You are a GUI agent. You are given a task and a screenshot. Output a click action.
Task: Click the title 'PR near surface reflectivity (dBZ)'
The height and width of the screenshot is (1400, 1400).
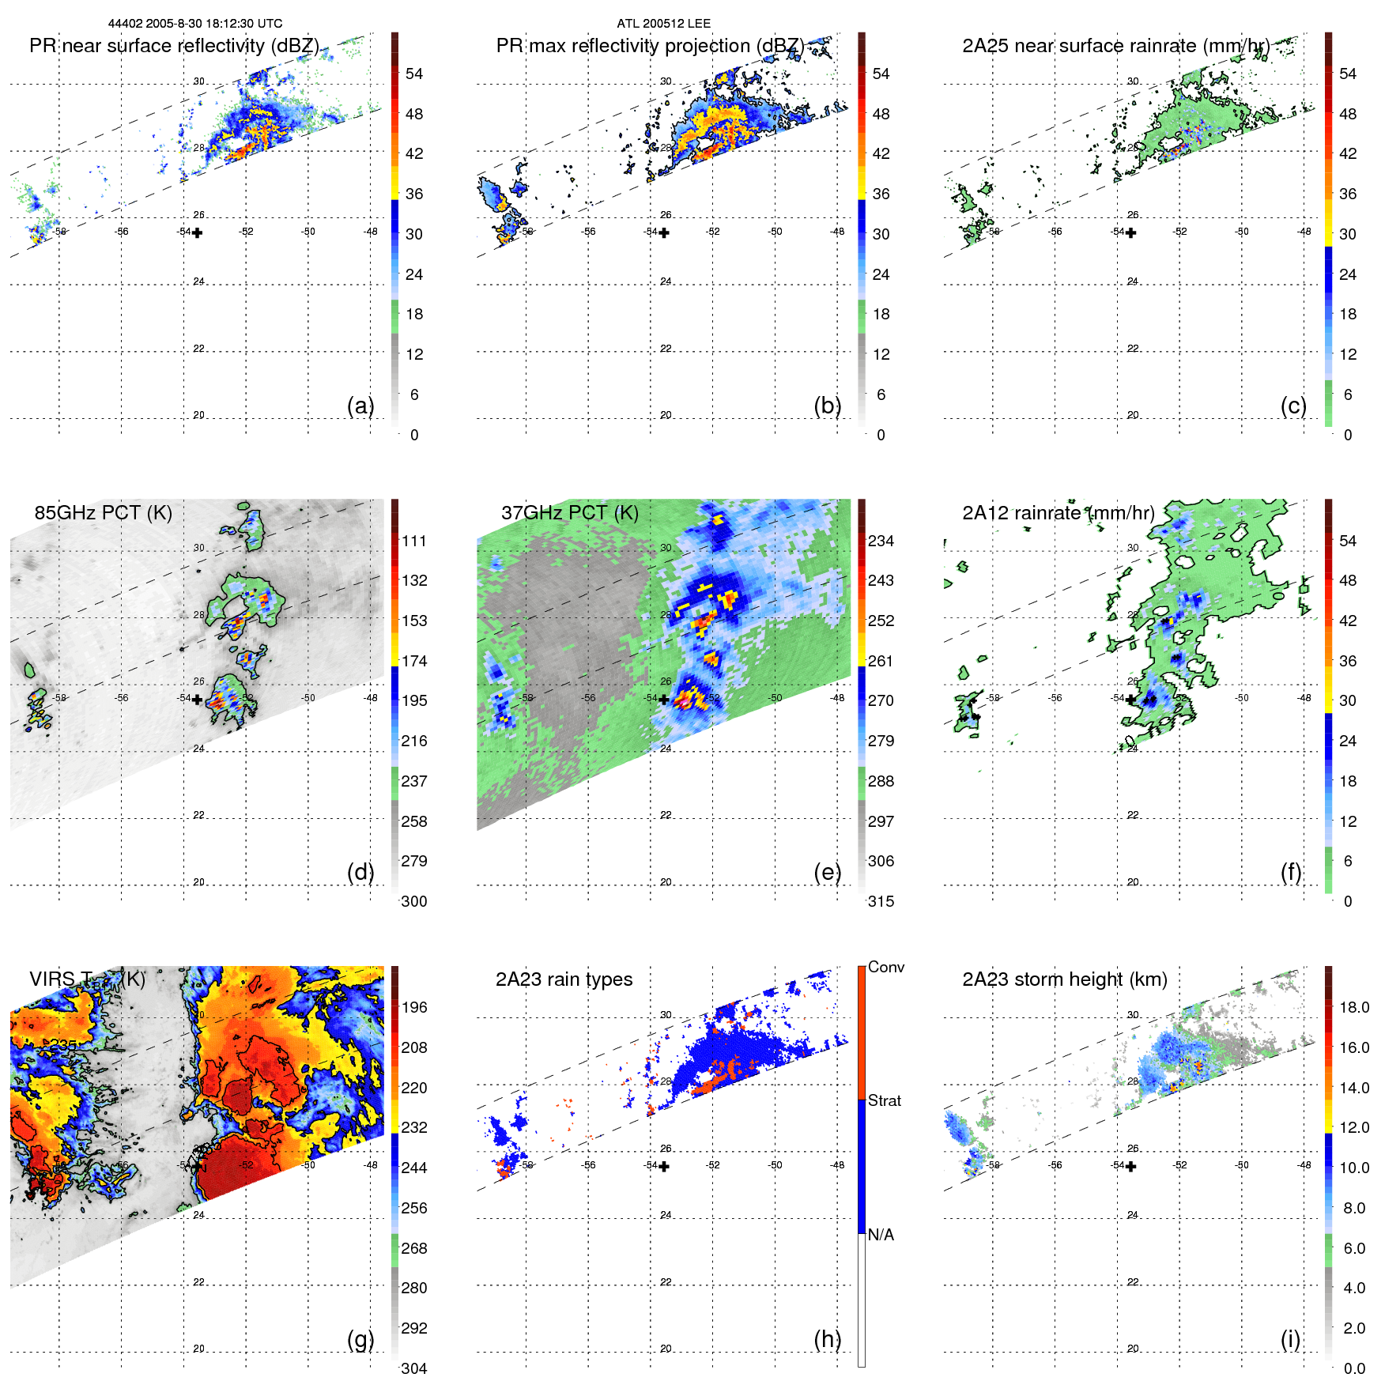pos(174,46)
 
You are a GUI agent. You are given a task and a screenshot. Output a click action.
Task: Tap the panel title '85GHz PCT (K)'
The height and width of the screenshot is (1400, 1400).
pos(103,512)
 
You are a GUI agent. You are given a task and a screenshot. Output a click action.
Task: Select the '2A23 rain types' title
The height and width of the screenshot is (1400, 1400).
pos(564,979)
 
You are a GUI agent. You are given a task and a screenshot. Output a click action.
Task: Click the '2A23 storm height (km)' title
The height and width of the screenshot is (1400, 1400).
pos(1064,979)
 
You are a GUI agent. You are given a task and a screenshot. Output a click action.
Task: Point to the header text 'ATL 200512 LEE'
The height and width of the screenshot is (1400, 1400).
pos(663,24)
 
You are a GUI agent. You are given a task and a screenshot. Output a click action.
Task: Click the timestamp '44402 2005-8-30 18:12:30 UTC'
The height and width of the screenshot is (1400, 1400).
pos(194,24)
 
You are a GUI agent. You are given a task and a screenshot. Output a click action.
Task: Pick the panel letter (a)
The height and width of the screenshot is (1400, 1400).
pos(360,406)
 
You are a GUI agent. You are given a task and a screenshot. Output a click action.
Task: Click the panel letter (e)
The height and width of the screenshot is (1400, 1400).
pos(827,872)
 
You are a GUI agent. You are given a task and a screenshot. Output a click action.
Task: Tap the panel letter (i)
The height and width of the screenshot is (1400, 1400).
pos(1290,1339)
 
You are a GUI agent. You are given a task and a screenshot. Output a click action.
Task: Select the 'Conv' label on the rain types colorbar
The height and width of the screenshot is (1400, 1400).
pos(885,967)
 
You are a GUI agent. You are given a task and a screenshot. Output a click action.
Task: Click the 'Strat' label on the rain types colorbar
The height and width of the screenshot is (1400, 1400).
pos(884,1100)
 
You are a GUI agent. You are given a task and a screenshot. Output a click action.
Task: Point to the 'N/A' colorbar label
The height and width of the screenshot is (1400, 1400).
pos(881,1235)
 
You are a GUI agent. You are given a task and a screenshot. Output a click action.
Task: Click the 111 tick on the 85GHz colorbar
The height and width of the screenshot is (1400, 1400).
pos(413,541)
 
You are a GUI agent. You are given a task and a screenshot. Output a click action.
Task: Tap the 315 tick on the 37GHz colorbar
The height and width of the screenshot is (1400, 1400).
pos(881,901)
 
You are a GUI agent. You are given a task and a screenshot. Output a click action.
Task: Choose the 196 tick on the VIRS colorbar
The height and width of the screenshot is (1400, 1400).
pos(413,1007)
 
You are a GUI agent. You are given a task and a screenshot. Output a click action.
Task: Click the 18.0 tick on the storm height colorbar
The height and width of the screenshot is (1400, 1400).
pos(1353,1007)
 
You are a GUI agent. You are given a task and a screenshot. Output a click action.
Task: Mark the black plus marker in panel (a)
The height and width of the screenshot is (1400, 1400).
pos(197,232)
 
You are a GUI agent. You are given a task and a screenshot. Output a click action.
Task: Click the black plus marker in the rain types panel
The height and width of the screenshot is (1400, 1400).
pos(664,1167)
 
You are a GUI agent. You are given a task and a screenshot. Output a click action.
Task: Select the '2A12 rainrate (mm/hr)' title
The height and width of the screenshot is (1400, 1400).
pos(1058,512)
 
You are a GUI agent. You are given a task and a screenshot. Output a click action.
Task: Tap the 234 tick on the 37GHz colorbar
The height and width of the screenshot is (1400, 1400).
pos(881,541)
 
